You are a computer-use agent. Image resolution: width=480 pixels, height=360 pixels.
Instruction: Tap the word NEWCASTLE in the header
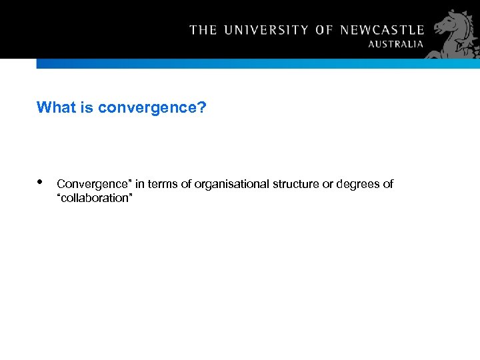(382, 30)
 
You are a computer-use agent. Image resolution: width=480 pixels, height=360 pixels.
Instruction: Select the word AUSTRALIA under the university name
(396, 44)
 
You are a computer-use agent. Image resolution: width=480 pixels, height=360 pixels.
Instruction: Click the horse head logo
(456, 33)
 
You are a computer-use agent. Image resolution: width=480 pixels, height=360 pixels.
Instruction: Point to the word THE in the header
(203, 30)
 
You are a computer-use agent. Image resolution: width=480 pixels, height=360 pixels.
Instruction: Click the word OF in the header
(324, 30)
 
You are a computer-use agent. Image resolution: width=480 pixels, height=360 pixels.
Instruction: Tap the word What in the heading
(56, 107)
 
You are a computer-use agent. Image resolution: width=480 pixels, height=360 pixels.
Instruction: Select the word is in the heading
(87, 107)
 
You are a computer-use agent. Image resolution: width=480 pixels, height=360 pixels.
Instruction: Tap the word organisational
(232, 184)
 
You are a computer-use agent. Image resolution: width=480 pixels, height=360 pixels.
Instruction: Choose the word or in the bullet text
(328, 184)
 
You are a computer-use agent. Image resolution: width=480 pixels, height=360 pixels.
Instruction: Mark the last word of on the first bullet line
(388, 184)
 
